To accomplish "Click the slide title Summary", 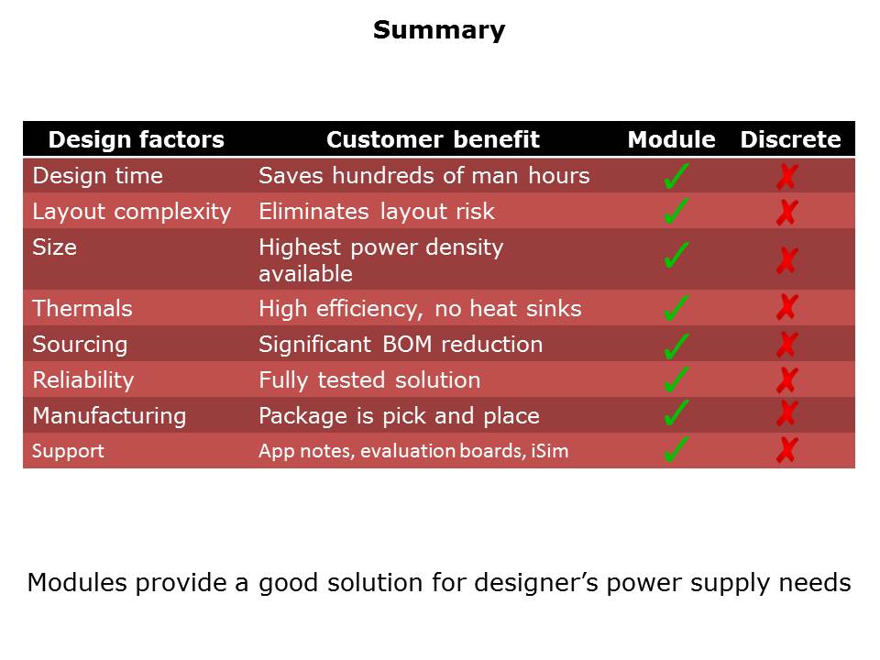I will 438,30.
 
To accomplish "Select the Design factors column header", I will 136,139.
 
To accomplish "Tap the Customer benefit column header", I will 433,139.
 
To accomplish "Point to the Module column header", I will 671,139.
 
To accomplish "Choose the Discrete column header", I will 790,139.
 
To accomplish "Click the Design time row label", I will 97,175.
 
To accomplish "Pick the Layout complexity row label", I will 131,212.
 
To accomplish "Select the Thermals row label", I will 82,309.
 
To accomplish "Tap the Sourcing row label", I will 80,345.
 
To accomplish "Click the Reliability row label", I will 83,380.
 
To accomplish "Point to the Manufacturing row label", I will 109,416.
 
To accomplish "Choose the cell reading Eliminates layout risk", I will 376,212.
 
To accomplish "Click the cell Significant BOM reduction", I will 401,345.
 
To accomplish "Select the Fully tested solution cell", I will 369,380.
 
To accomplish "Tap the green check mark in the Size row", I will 676,256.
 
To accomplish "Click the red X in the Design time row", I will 786,177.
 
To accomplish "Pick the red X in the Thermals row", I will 786,307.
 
